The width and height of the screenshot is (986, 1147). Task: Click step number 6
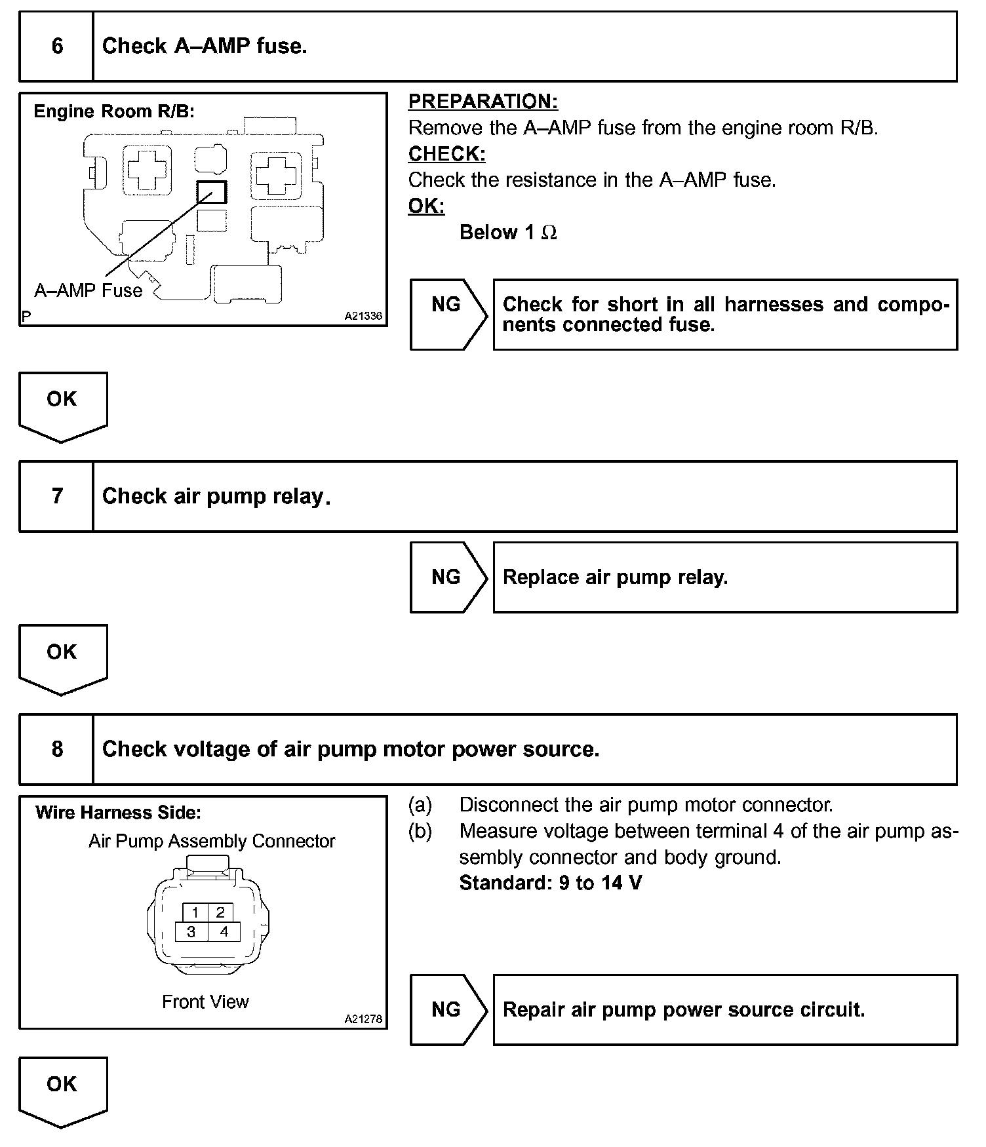pos(57,46)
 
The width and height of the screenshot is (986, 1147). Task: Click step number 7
pos(57,496)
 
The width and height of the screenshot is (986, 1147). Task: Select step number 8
pos(57,749)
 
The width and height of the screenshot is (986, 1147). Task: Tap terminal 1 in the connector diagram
pos(195,912)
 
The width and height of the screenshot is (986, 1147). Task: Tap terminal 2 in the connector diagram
pos(220,912)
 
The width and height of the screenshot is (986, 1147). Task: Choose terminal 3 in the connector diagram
pos(191,931)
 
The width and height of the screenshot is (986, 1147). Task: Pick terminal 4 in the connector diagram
pos(224,931)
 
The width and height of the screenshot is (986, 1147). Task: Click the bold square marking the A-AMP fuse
pos(212,192)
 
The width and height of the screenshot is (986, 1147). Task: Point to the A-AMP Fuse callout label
pos(89,290)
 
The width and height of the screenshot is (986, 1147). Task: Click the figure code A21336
pos(363,316)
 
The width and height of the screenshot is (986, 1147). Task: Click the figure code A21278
pos(363,1019)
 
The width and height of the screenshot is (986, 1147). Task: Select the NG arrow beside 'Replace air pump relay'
pos(447,577)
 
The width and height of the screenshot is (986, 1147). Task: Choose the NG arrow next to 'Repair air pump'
pos(447,1009)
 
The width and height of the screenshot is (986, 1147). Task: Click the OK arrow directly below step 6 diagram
pos(62,403)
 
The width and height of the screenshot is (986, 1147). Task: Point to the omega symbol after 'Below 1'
pos(549,233)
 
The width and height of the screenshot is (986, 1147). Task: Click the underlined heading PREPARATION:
pos(483,102)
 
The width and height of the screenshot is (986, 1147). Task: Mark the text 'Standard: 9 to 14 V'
pos(551,883)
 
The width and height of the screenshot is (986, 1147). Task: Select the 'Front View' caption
pos(205,1001)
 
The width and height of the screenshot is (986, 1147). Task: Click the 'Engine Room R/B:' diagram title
pos(114,111)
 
